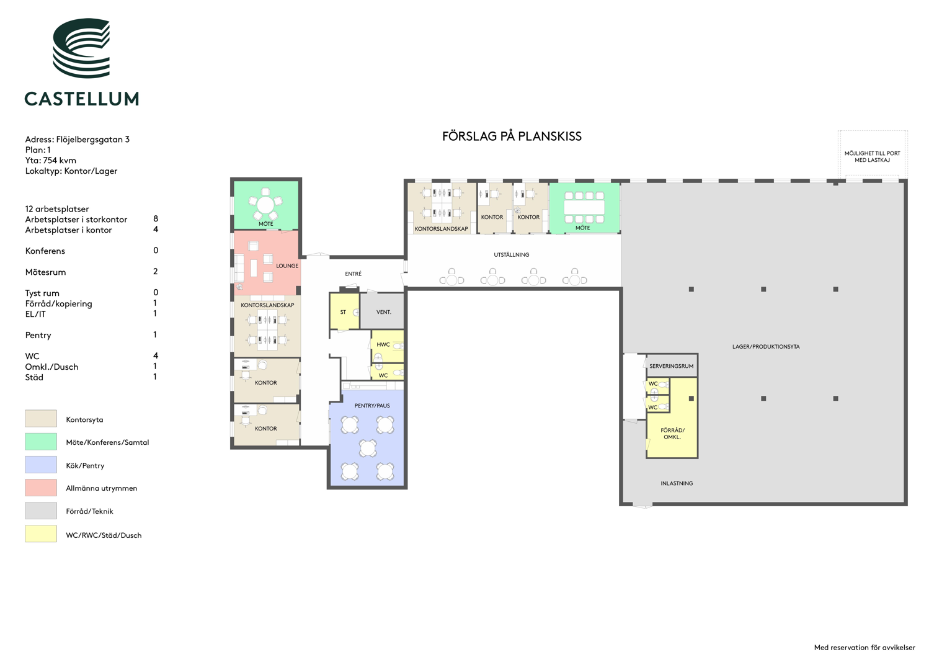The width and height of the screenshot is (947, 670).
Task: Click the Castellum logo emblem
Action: pos(81,48)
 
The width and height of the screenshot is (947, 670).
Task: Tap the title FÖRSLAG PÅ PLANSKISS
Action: pos(512,136)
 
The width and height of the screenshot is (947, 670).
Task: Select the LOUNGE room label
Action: pos(287,266)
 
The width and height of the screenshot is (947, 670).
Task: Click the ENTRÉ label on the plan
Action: pos(353,274)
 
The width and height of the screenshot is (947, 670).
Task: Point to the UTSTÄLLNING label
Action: pos(512,254)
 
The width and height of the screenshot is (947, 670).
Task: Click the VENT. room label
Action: pos(383,312)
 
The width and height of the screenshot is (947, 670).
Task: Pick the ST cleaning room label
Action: pos(343,312)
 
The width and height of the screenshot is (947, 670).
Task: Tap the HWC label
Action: pos(383,345)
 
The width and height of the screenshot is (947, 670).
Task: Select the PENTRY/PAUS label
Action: pos(372,406)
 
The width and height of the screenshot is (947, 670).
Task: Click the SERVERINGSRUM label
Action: pos(672,366)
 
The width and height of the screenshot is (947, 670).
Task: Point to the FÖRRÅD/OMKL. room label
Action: pos(672,434)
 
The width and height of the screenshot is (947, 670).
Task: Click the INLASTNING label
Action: pos(677,483)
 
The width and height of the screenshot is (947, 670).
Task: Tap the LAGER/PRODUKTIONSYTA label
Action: pos(766,347)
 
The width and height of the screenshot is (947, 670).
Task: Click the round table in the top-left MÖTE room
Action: pos(265,205)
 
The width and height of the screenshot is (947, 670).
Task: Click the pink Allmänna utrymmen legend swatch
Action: pos(41,488)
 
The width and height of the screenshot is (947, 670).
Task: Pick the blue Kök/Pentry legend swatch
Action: pos(41,465)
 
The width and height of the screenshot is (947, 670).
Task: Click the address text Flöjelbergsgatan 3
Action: pos(93,140)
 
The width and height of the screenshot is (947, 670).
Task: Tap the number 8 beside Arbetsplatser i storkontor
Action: pos(156,218)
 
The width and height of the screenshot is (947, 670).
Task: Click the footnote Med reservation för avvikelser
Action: pos(865,648)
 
